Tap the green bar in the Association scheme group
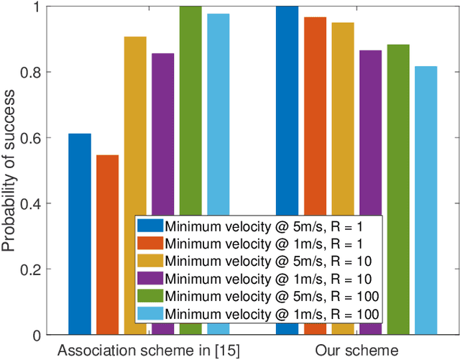pyautogui.click(x=190, y=108)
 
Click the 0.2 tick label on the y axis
pyautogui.click(x=34, y=269)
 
